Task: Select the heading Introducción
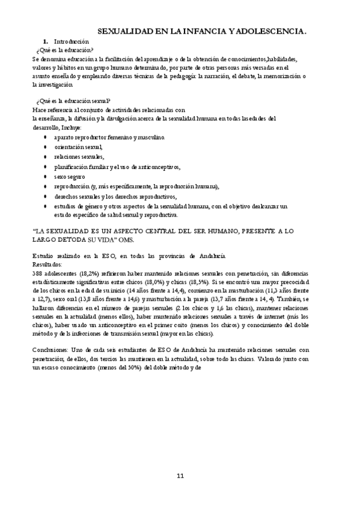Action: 71,41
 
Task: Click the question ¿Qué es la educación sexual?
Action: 73,101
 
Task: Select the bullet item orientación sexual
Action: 78,147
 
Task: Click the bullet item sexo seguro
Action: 69,176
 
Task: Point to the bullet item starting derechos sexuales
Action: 115,196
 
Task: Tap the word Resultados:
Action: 47,264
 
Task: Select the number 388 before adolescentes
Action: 37,273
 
